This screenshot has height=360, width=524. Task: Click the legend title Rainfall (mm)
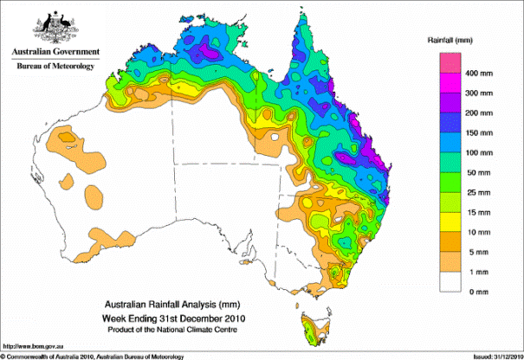point(450,41)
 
